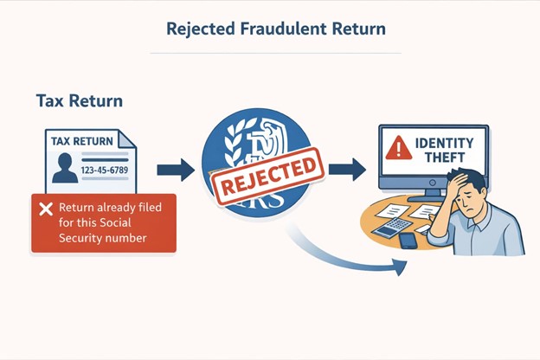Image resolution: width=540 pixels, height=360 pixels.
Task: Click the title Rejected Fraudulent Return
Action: tap(275, 29)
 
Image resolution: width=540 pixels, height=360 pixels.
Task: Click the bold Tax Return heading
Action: tap(79, 101)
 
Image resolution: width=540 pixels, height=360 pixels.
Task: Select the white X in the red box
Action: tap(45, 209)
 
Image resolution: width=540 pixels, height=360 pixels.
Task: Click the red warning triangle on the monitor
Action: tap(398, 148)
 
